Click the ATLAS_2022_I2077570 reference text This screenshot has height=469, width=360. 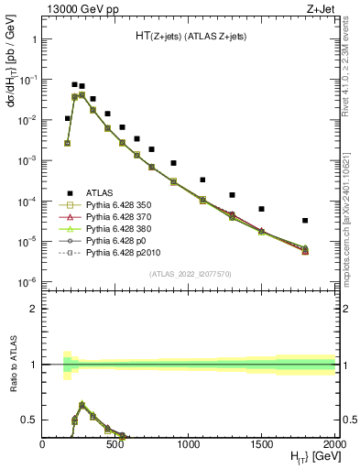tap(189, 273)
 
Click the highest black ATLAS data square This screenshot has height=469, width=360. tap(74, 84)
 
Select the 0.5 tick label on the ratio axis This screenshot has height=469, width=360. tap(30, 420)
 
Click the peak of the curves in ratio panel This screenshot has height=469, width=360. tap(82, 404)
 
